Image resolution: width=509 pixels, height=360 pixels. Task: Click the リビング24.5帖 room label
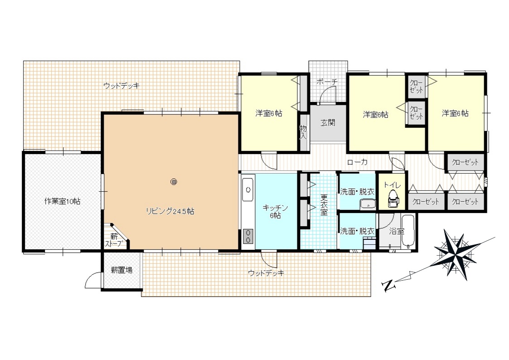tap(170, 211)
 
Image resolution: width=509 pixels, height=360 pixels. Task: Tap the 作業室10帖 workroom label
tap(62, 201)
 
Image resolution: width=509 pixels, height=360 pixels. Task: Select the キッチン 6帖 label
tap(276, 211)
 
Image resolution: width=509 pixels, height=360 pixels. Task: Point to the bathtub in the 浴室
tap(408, 231)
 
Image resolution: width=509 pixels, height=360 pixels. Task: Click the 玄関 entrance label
tap(328, 123)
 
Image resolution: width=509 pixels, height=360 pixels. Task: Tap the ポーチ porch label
tap(327, 82)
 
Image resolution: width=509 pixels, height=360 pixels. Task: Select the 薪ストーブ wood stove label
tap(114, 240)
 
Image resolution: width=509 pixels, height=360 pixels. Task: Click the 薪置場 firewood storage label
tap(121, 270)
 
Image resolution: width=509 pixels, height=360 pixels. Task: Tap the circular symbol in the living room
tap(174, 182)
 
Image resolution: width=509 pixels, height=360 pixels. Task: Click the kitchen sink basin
tap(248, 189)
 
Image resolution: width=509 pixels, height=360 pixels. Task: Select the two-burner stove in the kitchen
tap(248, 236)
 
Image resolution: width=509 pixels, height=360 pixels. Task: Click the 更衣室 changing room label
tap(324, 205)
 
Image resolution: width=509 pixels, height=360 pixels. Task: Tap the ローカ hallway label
tap(357, 162)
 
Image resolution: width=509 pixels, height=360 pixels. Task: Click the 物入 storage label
tap(303, 132)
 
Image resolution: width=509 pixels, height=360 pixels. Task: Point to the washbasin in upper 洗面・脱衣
tap(368, 204)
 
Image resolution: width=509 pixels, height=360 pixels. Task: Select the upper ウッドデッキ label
tap(121, 86)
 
